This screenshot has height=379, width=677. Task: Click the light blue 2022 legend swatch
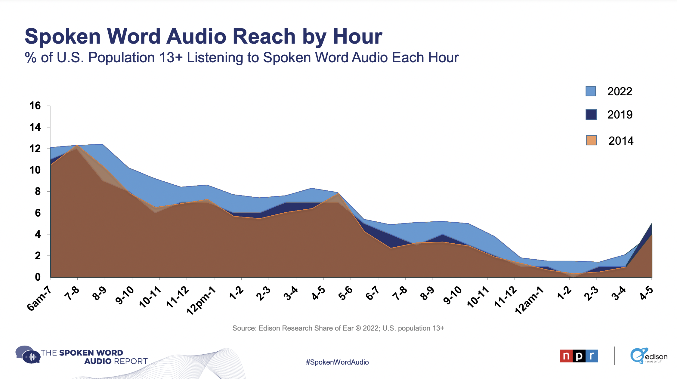pyautogui.click(x=591, y=91)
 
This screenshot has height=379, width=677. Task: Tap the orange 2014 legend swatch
pyautogui.click(x=591, y=140)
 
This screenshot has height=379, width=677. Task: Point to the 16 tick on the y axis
pyautogui.click(x=35, y=106)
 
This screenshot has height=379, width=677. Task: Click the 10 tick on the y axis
pyautogui.click(x=35, y=170)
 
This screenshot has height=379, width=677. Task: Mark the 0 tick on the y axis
pyautogui.click(x=38, y=277)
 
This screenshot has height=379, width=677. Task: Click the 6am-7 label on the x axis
pyautogui.click(x=39, y=298)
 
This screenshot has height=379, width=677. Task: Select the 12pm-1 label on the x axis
pyautogui.click(x=201, y=300)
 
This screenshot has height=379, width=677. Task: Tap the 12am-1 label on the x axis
pyautogui.click(x=529, y=300)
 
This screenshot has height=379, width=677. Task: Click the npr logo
pyautogui.click(x=579, y=356)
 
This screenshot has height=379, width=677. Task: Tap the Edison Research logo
pyautogui.click(x=649, y=356)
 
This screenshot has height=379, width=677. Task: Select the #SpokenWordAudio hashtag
pyautogui.click(x=337, y=362)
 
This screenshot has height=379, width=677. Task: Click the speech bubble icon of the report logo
pyautogui.click(x=28, y=355)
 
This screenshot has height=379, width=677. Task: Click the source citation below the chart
pyautogui.click(x=338, y=328)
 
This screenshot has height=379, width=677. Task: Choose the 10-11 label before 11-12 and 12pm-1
pyautogui.click(x=150, y=297)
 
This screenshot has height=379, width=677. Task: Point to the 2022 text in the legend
pyautogui.click(x=620, y=91)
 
